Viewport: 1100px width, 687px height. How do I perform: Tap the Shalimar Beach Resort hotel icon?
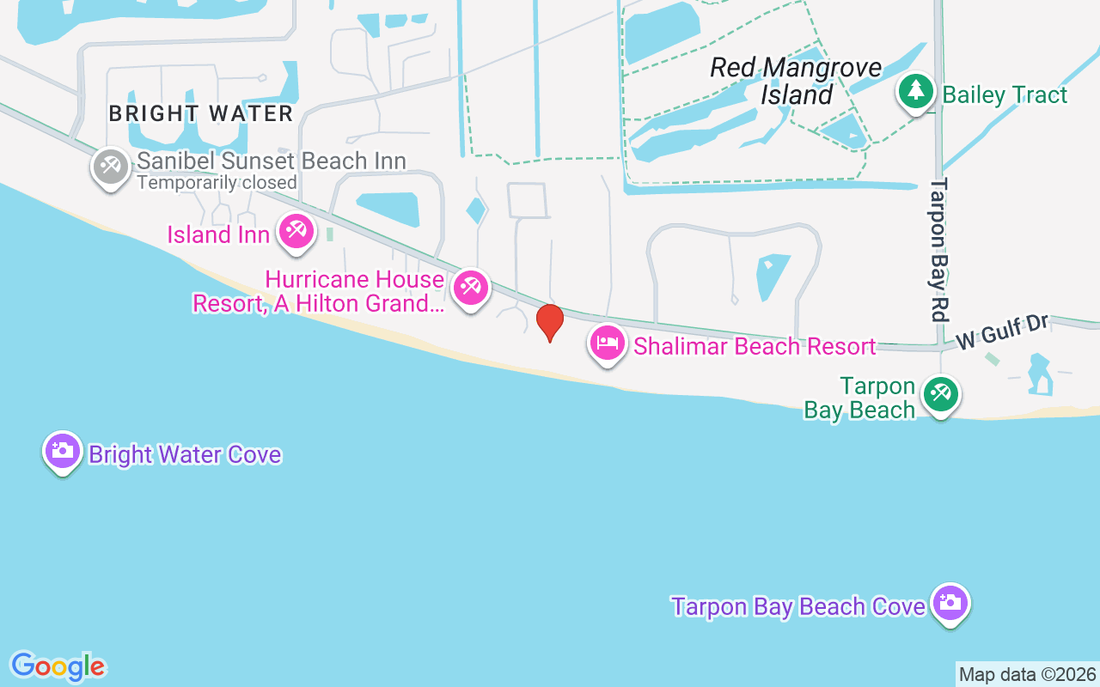tap(608, 343)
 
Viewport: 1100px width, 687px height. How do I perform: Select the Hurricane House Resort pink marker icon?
tap(470, 287)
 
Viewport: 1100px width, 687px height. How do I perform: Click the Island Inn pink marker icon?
tap(296, 231)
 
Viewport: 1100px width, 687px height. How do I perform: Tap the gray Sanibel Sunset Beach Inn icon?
tap(110, 167)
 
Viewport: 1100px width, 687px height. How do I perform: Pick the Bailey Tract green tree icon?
tap(916, 90)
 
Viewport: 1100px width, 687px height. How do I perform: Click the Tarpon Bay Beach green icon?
tap(941, 394)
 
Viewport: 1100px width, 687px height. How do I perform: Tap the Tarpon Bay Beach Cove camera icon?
tap(950, 603)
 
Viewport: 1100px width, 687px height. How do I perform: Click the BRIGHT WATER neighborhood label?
tap(201, 113)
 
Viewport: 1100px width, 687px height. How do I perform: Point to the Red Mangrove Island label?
tap(797, 82)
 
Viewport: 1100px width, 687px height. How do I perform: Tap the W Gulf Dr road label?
tap(1003, 331)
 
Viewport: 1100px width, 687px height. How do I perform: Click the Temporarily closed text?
tap(217, 183)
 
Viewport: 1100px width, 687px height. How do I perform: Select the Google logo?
tap(58, 666)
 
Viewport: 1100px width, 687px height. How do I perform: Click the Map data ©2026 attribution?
tap(1028, 674)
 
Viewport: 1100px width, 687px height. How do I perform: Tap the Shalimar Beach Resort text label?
tap(755, 346)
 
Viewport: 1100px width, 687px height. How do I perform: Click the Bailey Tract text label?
tap(1005, 94)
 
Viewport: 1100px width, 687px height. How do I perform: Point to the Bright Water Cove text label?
tap(185, 454)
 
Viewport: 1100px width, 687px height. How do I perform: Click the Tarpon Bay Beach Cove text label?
tap(798, 606)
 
